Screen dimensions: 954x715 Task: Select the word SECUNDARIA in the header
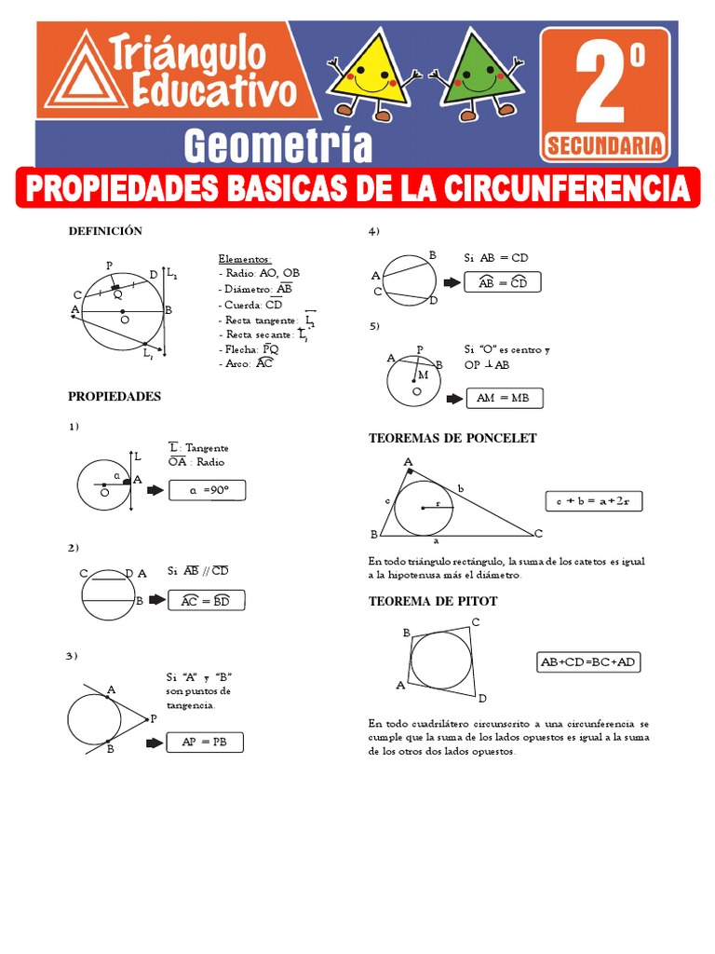pos(605,144)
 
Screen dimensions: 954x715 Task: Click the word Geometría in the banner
pos(278,146)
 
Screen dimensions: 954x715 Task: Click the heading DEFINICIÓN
pos(104,231)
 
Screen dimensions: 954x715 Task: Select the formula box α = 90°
pos(207,490)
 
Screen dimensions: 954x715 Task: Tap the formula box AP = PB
pos(204,743)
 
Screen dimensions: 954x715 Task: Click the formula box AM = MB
pos(504,398)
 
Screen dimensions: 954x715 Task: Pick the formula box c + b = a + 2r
pos(593,501)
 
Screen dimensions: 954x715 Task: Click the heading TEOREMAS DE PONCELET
pos(452,438)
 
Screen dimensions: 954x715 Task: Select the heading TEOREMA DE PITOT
pos(433,601)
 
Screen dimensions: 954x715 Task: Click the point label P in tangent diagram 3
pos(154,719)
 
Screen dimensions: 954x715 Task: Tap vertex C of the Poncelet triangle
pos(538,533)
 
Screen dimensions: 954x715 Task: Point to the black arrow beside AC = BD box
pos(155,601)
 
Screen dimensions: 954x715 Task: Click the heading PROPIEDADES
pos(115,396)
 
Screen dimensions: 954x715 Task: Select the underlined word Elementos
pos(245,258)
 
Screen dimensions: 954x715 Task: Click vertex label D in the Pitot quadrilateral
pos(482,697)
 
